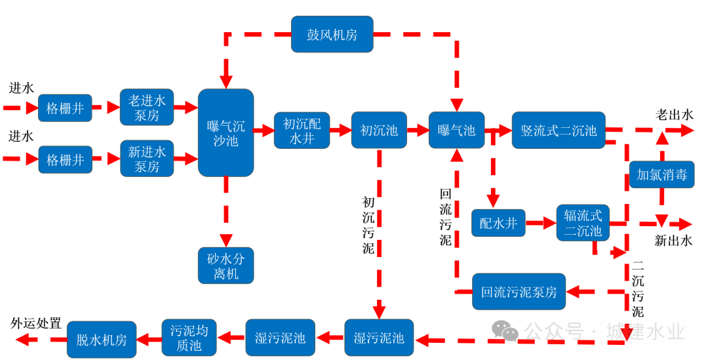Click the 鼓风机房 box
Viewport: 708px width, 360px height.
click(x=332, y=35)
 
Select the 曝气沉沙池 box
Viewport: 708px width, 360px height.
click(x=226, y=132)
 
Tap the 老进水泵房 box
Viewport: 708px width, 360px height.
click(x=147, y=108)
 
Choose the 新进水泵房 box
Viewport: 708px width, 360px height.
click(x=147, y=159)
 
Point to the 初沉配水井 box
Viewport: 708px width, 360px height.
click(x=302, y=130)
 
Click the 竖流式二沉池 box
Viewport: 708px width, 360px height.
click(x=558, y=130)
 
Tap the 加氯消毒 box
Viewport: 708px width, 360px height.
click(x=661, y=174)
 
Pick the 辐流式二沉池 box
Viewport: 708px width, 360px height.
click(x=583, y=223)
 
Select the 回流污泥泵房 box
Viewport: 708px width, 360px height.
click(x=519, y=292)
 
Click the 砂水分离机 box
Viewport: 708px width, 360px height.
click(x=226, y=265)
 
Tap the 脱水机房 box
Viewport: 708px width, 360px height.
click(x=102, y=340)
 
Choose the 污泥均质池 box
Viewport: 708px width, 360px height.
click(x=189, y=338)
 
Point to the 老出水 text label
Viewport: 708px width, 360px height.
click(x=674, y=115)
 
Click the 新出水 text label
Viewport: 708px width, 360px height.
click(x=673, y=241)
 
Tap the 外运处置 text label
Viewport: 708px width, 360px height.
click(x=36, y=323)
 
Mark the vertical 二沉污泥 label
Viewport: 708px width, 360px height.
click(x=637, y=289)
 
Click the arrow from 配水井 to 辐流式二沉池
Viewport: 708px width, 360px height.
click(x=541, y=224)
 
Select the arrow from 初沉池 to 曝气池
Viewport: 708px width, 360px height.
click(x=418, y=130)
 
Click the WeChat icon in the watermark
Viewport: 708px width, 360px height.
click(x=505, y=331)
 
